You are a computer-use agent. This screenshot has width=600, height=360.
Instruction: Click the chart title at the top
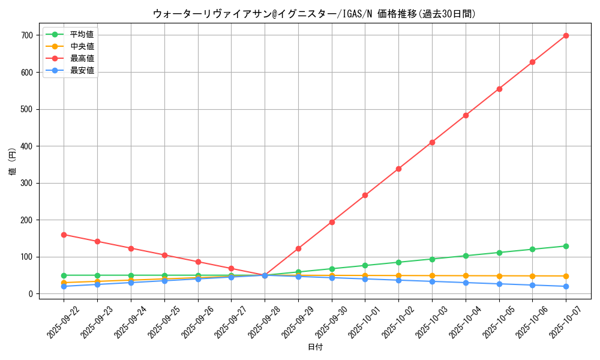[314, 14]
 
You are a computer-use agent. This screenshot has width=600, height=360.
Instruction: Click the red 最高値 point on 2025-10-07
[566, 35]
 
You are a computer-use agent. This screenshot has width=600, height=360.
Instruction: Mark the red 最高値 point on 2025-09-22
[64, 235]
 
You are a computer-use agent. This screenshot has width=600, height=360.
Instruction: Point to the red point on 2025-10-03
[432, 142]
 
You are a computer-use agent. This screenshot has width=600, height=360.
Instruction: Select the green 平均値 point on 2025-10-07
[566, 246]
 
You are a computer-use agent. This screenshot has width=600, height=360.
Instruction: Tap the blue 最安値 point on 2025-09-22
[64, 286]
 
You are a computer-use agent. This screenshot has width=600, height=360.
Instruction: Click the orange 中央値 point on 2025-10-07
[566, 276]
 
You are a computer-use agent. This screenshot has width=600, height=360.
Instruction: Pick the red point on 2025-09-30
[332, 222]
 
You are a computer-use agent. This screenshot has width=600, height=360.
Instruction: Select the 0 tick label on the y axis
[30, 294]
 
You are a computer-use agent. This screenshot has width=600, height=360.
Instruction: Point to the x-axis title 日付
[315, 347]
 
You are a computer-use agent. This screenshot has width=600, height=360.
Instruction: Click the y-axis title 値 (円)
[13, 163]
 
